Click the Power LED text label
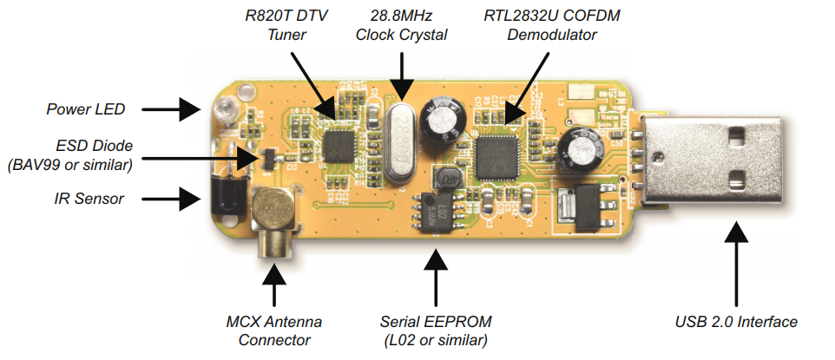86,109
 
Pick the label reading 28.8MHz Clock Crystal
402,26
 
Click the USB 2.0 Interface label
736,322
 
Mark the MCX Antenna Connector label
273,330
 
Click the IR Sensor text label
85,199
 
